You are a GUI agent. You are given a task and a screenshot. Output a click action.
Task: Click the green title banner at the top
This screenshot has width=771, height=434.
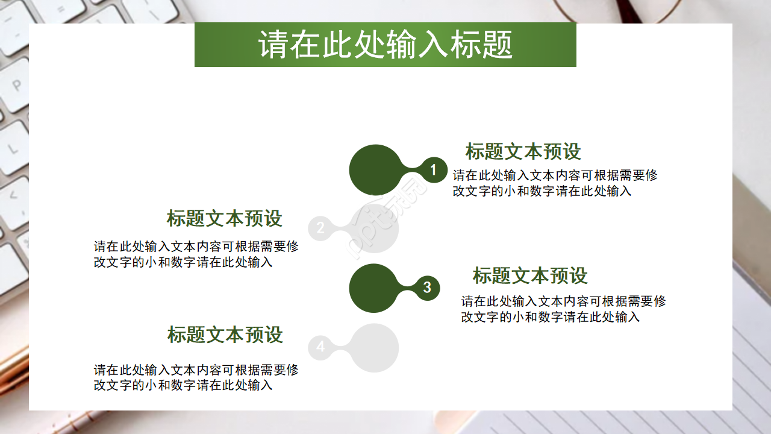click(x=385, y=45)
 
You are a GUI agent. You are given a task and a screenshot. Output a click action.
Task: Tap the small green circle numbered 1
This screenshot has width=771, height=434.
click(x=432, y=171)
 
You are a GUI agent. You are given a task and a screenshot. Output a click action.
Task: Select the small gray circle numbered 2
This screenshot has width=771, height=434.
click(x=320, y=228)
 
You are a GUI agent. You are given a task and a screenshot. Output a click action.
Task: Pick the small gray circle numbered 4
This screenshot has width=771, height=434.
click(x=320, y=347)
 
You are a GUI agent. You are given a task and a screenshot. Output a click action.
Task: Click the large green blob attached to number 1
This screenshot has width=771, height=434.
click(x=375, y=170)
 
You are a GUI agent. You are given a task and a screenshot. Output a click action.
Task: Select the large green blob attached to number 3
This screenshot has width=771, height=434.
click(x=374, y=288)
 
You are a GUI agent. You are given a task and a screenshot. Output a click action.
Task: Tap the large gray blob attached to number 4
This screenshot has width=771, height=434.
click(x=374, y=348)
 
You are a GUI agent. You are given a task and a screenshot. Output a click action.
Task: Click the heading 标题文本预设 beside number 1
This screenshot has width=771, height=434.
click(x=523, y=151)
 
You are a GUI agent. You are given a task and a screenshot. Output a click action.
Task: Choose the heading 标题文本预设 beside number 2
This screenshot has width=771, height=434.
click(x=224, y=218)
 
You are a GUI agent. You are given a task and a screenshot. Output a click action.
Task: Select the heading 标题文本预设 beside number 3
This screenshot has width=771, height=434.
click(x=530, y=275)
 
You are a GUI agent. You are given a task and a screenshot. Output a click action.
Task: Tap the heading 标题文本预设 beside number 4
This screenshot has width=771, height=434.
click(x=225, y=335)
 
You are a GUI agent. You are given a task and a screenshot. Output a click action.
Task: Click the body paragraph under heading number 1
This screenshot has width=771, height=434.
click(x=555, y=183)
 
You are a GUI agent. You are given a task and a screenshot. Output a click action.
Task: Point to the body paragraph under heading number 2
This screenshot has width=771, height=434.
click(x=196, y=254)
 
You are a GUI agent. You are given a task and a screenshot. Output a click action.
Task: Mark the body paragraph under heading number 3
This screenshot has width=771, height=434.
click(x=563, y=309)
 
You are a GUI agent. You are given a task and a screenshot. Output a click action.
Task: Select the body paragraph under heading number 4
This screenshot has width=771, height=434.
click(x=196, y=377)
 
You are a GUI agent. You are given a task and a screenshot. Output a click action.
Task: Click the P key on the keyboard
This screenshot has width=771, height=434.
click(x=16, y=85)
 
